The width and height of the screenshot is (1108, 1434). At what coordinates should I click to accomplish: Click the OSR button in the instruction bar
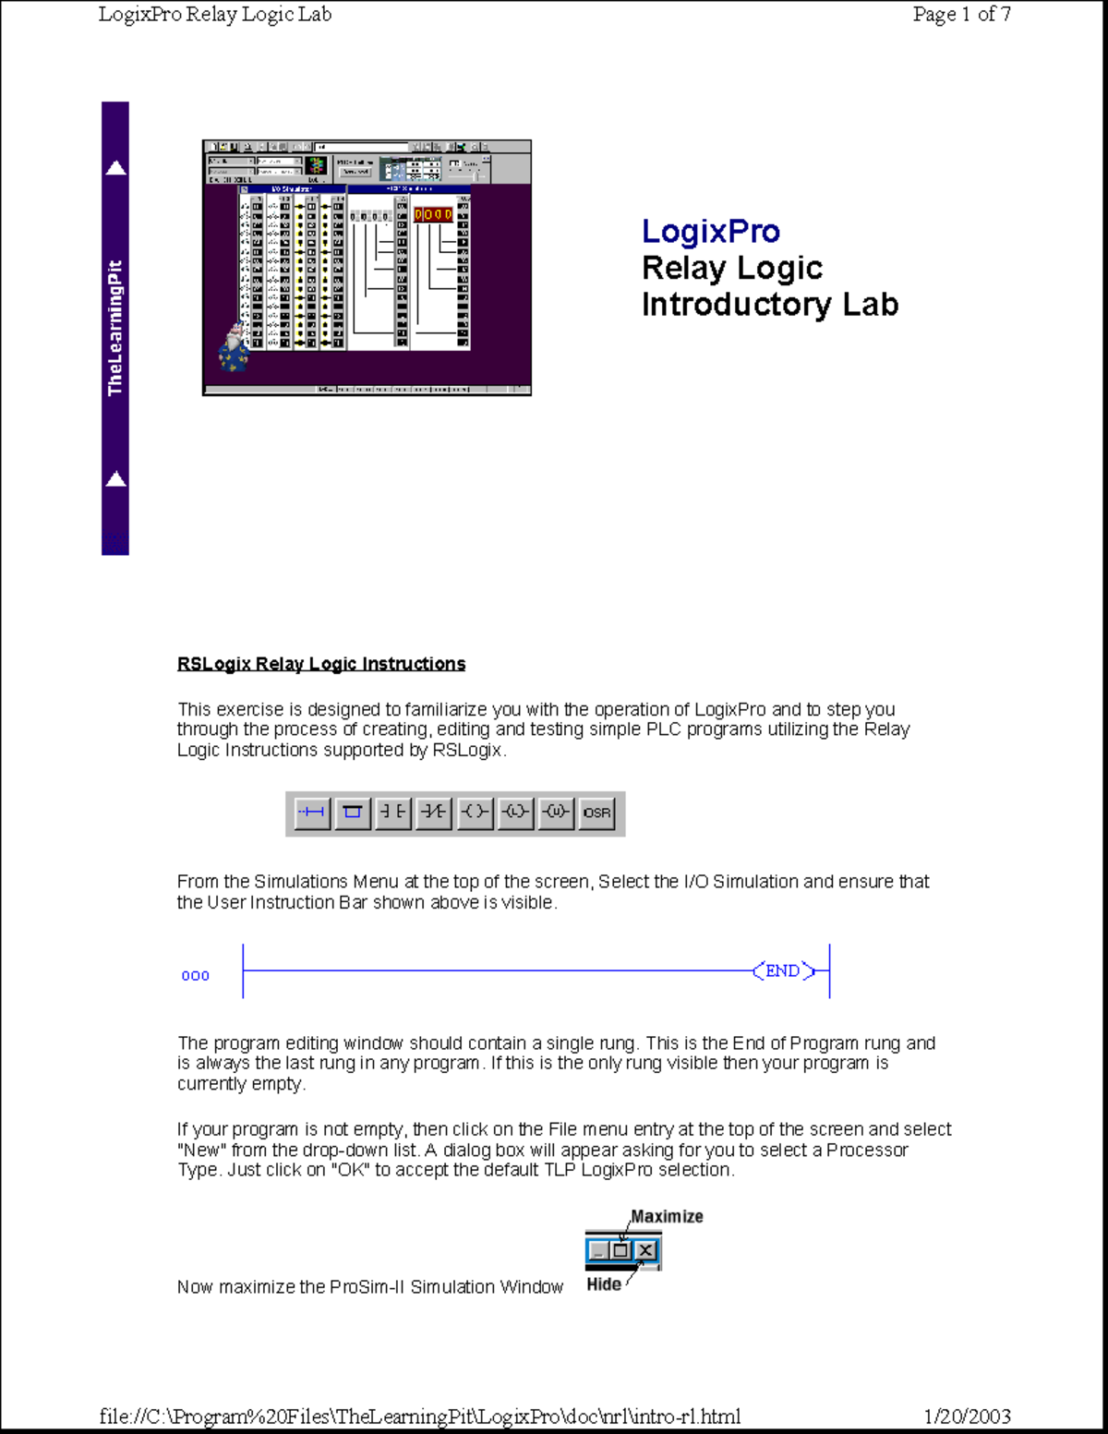coord(596,813)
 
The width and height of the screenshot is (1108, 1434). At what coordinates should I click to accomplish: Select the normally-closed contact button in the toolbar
coord(434,813)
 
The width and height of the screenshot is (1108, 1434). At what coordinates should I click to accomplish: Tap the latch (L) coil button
coord(515,813)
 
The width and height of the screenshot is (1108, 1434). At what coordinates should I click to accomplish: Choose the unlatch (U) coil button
coord(556,813)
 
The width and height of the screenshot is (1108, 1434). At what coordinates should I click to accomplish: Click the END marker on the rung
coord(783,971)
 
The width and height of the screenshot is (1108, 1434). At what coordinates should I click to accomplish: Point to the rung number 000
coord(195,976)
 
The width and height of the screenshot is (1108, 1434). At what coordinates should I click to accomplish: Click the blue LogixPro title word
coord(710,231)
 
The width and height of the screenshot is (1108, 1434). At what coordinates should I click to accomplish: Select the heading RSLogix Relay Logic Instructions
coord(320,664)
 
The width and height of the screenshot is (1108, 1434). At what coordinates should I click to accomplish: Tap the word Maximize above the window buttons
coord(667,1217)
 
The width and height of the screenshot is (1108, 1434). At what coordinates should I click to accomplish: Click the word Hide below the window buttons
coord(604,1284)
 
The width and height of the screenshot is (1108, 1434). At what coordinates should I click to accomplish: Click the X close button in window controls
coord(646,1251)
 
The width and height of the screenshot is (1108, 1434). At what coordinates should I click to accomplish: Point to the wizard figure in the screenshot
coord(234,348)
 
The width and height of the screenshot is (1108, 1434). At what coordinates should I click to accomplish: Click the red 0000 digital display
coord(433,214)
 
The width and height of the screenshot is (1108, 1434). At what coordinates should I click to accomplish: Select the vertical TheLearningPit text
coord(114,328)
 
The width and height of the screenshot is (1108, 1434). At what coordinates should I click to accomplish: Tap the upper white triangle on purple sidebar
coord(115,168)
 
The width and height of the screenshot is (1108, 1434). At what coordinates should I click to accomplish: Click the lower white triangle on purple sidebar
coord(115,478)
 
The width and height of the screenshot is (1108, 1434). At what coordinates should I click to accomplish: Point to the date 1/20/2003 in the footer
coord(967,1416)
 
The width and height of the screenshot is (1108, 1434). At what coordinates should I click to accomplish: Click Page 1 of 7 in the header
coord(961,14)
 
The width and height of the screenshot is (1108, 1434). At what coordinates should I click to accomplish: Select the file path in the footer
coord(419,1416)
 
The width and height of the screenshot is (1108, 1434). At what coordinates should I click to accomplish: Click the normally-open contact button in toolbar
coord(393,813)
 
